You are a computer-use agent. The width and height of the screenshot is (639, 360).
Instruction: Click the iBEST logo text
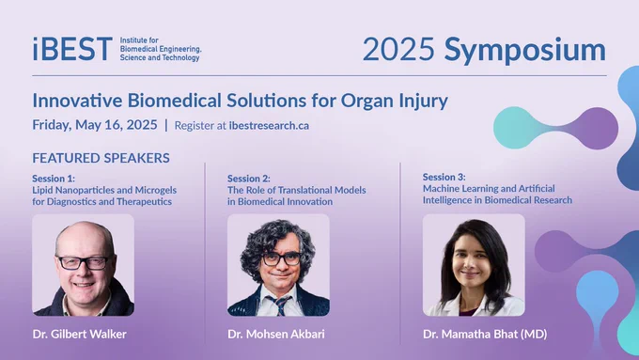(x=72, y=49)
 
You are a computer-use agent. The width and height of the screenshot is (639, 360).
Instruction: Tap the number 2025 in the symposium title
(x=398, y=50)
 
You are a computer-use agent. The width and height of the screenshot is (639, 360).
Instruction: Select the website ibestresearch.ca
(x=269, y=126)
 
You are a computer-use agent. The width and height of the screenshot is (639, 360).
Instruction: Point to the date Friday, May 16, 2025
(x=95, y=125)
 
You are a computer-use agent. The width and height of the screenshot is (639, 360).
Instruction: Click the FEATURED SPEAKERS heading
(x=101, y=158)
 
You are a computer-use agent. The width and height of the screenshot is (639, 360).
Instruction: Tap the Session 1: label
(x=54, y=179)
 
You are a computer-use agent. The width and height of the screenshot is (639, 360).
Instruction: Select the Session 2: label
(x=249, y=179)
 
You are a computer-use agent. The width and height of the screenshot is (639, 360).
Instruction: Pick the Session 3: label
(x=444, y=177)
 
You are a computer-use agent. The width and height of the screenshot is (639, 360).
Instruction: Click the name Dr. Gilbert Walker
(x=80, y=335)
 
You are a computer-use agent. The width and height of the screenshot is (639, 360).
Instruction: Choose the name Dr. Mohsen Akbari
(x=276, y=335)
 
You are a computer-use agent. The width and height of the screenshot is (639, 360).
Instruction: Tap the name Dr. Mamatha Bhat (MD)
(x=485, y=335)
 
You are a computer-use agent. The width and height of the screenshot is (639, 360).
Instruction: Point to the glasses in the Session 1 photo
(x=85, y=262)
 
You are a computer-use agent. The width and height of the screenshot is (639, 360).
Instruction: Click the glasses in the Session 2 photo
(x=281, y=258)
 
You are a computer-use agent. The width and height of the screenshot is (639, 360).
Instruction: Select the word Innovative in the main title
(x=77, y=101)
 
